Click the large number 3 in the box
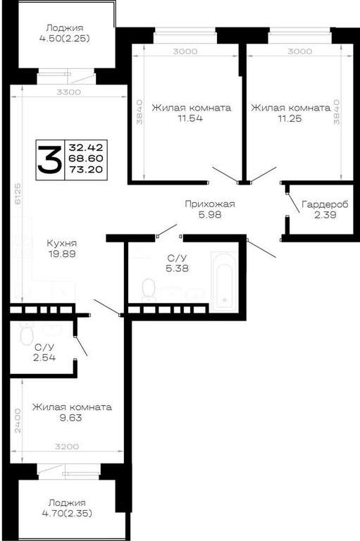[51, 159]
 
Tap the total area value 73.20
[86, 169]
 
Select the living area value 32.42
[86, 148]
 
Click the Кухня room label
[62, 243]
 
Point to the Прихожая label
[210, 204]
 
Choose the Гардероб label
[325, 204]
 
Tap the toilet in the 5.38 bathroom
[149, 289]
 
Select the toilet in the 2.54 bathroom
[27, 333]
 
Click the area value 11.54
[190, 118]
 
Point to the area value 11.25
[290, 118]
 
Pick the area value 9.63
[71, 418]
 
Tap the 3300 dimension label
[68, 92]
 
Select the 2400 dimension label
[18, 421]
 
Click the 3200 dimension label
[67, 447]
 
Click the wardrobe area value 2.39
[325, 215]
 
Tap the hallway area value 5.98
[210, 215]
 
